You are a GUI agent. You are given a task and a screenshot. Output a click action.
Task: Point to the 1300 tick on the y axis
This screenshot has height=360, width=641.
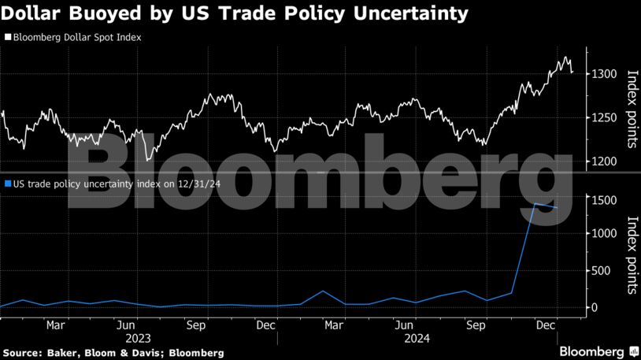[604, 74]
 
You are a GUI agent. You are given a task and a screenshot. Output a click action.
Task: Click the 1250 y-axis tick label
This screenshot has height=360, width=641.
[604, 117]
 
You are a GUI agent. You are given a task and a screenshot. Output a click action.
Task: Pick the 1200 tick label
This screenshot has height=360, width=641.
[604, 161]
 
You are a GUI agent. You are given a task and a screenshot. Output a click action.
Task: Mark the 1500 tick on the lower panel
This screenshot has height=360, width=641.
[604, 201]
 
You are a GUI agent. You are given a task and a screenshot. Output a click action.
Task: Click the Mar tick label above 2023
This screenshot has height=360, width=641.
[55, 324]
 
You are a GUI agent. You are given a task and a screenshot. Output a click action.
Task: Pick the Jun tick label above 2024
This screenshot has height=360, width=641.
[404, 324]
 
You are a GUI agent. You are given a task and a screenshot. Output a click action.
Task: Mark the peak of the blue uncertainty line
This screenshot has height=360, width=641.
[535, 204]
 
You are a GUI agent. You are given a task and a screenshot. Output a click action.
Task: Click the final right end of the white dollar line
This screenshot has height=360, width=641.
[572, 72]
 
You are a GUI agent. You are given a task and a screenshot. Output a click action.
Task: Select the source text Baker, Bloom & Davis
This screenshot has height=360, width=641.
[97, 352]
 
